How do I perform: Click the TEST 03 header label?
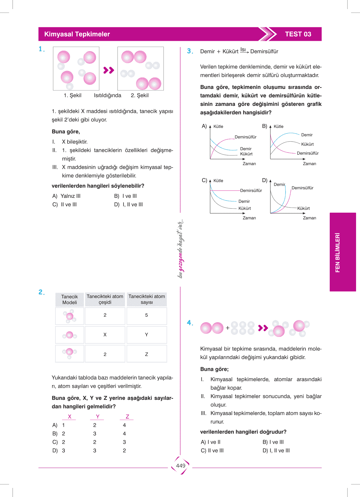click(298, 34)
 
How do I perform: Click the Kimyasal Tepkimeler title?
click(77, 34)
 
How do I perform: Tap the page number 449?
click(180, 466)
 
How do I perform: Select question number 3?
click(190, 51)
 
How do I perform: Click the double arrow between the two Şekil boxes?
click(108, 70)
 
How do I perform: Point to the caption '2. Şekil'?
click(140, 95)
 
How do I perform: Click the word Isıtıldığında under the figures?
click(107, 95)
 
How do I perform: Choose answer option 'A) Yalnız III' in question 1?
click(66, 196)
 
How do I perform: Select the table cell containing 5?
click(147, 315)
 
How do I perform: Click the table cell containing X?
click(105, 335)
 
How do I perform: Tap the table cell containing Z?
click(147, 354)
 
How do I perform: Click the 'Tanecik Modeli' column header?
click(70, 299)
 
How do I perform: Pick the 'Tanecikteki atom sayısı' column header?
click(147, 299)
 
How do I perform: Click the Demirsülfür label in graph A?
click(246, 137)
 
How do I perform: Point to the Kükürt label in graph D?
click(303, 208)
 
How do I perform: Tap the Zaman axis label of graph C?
click(249, 218)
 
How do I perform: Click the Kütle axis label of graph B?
click(279, 126)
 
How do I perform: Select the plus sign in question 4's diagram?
click(228, 328)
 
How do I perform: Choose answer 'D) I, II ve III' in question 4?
click(276, 450)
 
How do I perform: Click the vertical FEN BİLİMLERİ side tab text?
click(338, 252)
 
